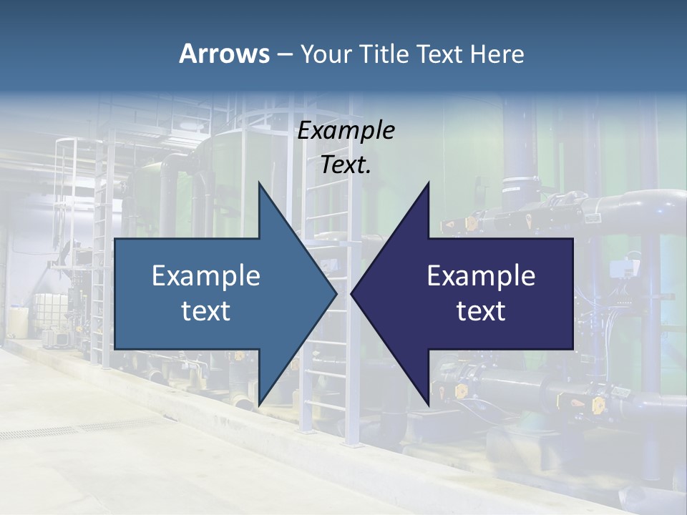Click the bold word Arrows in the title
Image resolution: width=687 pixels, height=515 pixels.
pos(223,54)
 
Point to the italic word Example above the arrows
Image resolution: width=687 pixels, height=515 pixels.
pos(346,131)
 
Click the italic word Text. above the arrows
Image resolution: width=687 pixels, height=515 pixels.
pos(346,165)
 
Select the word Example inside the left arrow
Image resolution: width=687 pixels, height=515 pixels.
pos(206,276)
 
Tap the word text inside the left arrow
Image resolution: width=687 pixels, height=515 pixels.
pos(206,311)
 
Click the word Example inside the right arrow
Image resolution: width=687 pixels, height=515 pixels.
pos(481,276)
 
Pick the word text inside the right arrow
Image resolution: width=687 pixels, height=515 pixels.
pos(481,311)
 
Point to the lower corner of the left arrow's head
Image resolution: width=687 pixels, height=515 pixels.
pos(259,404)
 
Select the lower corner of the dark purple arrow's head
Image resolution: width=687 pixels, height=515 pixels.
pos(428,404)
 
